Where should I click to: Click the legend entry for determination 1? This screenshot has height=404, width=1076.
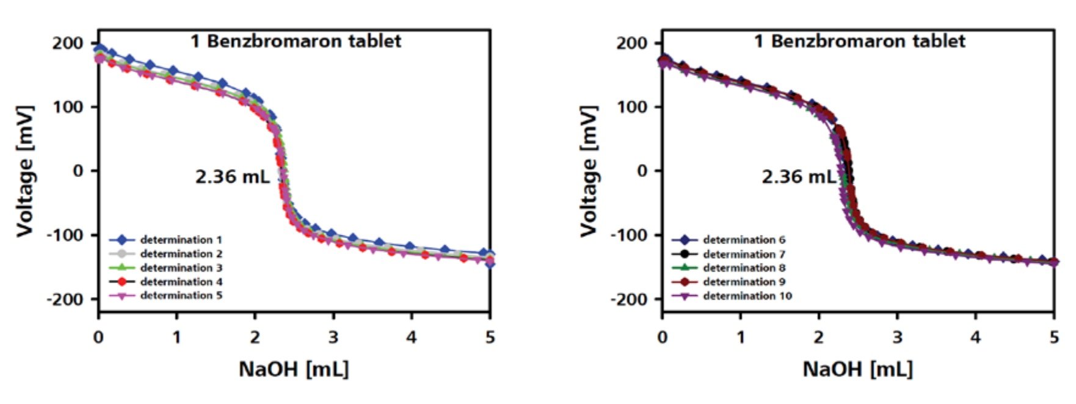181,240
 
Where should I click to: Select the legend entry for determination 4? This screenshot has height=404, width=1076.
181,282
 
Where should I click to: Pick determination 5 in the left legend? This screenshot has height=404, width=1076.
181,296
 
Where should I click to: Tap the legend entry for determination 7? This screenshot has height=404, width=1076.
744,254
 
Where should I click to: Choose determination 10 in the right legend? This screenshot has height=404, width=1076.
747,296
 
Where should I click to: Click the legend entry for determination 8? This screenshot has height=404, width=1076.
744,268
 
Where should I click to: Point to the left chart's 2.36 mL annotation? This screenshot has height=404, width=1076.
232,177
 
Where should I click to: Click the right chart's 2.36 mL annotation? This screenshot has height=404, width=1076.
798,177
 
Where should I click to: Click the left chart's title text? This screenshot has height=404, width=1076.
296,41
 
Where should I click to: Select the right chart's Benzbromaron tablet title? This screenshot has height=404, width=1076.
860,41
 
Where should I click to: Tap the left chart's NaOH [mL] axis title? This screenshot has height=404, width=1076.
294,369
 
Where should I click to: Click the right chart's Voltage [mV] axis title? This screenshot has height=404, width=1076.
589,171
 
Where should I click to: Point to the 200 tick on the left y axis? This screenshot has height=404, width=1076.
68,43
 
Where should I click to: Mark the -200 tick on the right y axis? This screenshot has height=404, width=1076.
630,299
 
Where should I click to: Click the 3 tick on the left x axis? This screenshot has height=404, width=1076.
333,337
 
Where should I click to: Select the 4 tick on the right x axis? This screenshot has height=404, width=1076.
976,337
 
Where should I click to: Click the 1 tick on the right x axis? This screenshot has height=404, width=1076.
741,337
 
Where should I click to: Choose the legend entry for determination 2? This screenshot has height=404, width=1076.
181,254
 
